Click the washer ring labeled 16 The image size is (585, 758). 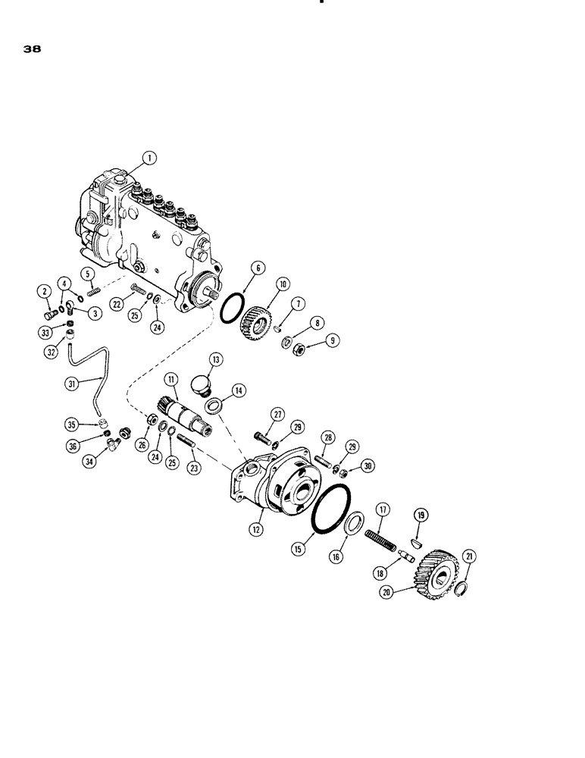pyautogui.click(x=353, y=527)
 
